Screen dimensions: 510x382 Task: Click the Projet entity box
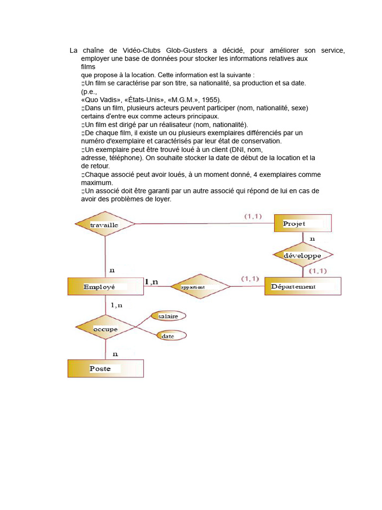pos(303,223)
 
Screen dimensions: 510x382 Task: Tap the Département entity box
pos(302,286)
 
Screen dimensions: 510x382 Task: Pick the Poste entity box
pos(105,369)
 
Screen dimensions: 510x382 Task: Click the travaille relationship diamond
pos(104,225)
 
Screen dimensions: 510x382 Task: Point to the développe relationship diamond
pos(302,255)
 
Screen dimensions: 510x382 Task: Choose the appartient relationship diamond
pos(200,286)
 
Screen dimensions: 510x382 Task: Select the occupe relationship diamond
pos(105,329)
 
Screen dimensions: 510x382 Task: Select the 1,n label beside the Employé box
pos(151,282)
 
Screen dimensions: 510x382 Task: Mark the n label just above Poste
pos(115,354)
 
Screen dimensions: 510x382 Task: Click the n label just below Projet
pos(312,239)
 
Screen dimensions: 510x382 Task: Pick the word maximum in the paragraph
pos(97,183)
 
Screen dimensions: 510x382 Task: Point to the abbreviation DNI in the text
pos(237,149)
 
